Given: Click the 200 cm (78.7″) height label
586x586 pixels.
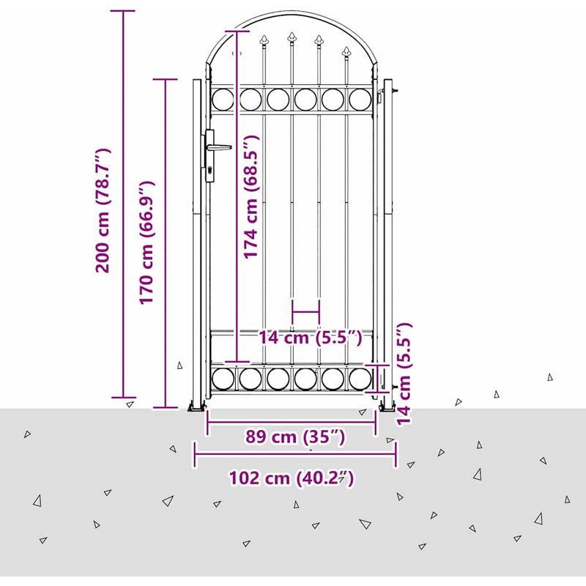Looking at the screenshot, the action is point(103,210).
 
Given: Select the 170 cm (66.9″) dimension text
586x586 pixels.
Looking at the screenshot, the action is point(147,243).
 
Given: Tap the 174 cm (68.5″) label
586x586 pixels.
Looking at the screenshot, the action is point(251,197).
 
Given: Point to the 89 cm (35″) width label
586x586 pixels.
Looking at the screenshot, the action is point(295,437).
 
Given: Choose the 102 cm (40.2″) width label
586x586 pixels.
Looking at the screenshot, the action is point(291,478).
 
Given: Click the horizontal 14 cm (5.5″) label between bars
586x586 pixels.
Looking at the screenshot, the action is point(311,338).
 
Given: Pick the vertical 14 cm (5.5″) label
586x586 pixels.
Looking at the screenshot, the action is point(404,374).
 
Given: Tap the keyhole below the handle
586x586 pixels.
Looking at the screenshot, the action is point(210,170).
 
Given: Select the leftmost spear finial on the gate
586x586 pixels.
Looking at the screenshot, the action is point(264,40).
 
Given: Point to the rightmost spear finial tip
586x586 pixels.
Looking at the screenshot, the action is point(346,48).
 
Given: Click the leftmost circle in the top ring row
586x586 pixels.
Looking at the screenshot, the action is point(223,100).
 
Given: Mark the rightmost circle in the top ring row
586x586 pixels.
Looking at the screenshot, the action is point(360,100).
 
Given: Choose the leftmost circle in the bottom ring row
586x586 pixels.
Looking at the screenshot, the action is point(223,379).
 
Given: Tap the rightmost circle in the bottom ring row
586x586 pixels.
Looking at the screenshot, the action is point(360,379).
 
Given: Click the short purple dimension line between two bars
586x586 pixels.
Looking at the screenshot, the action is point(306,311).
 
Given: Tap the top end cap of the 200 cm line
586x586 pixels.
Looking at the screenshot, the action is point(122,11).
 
